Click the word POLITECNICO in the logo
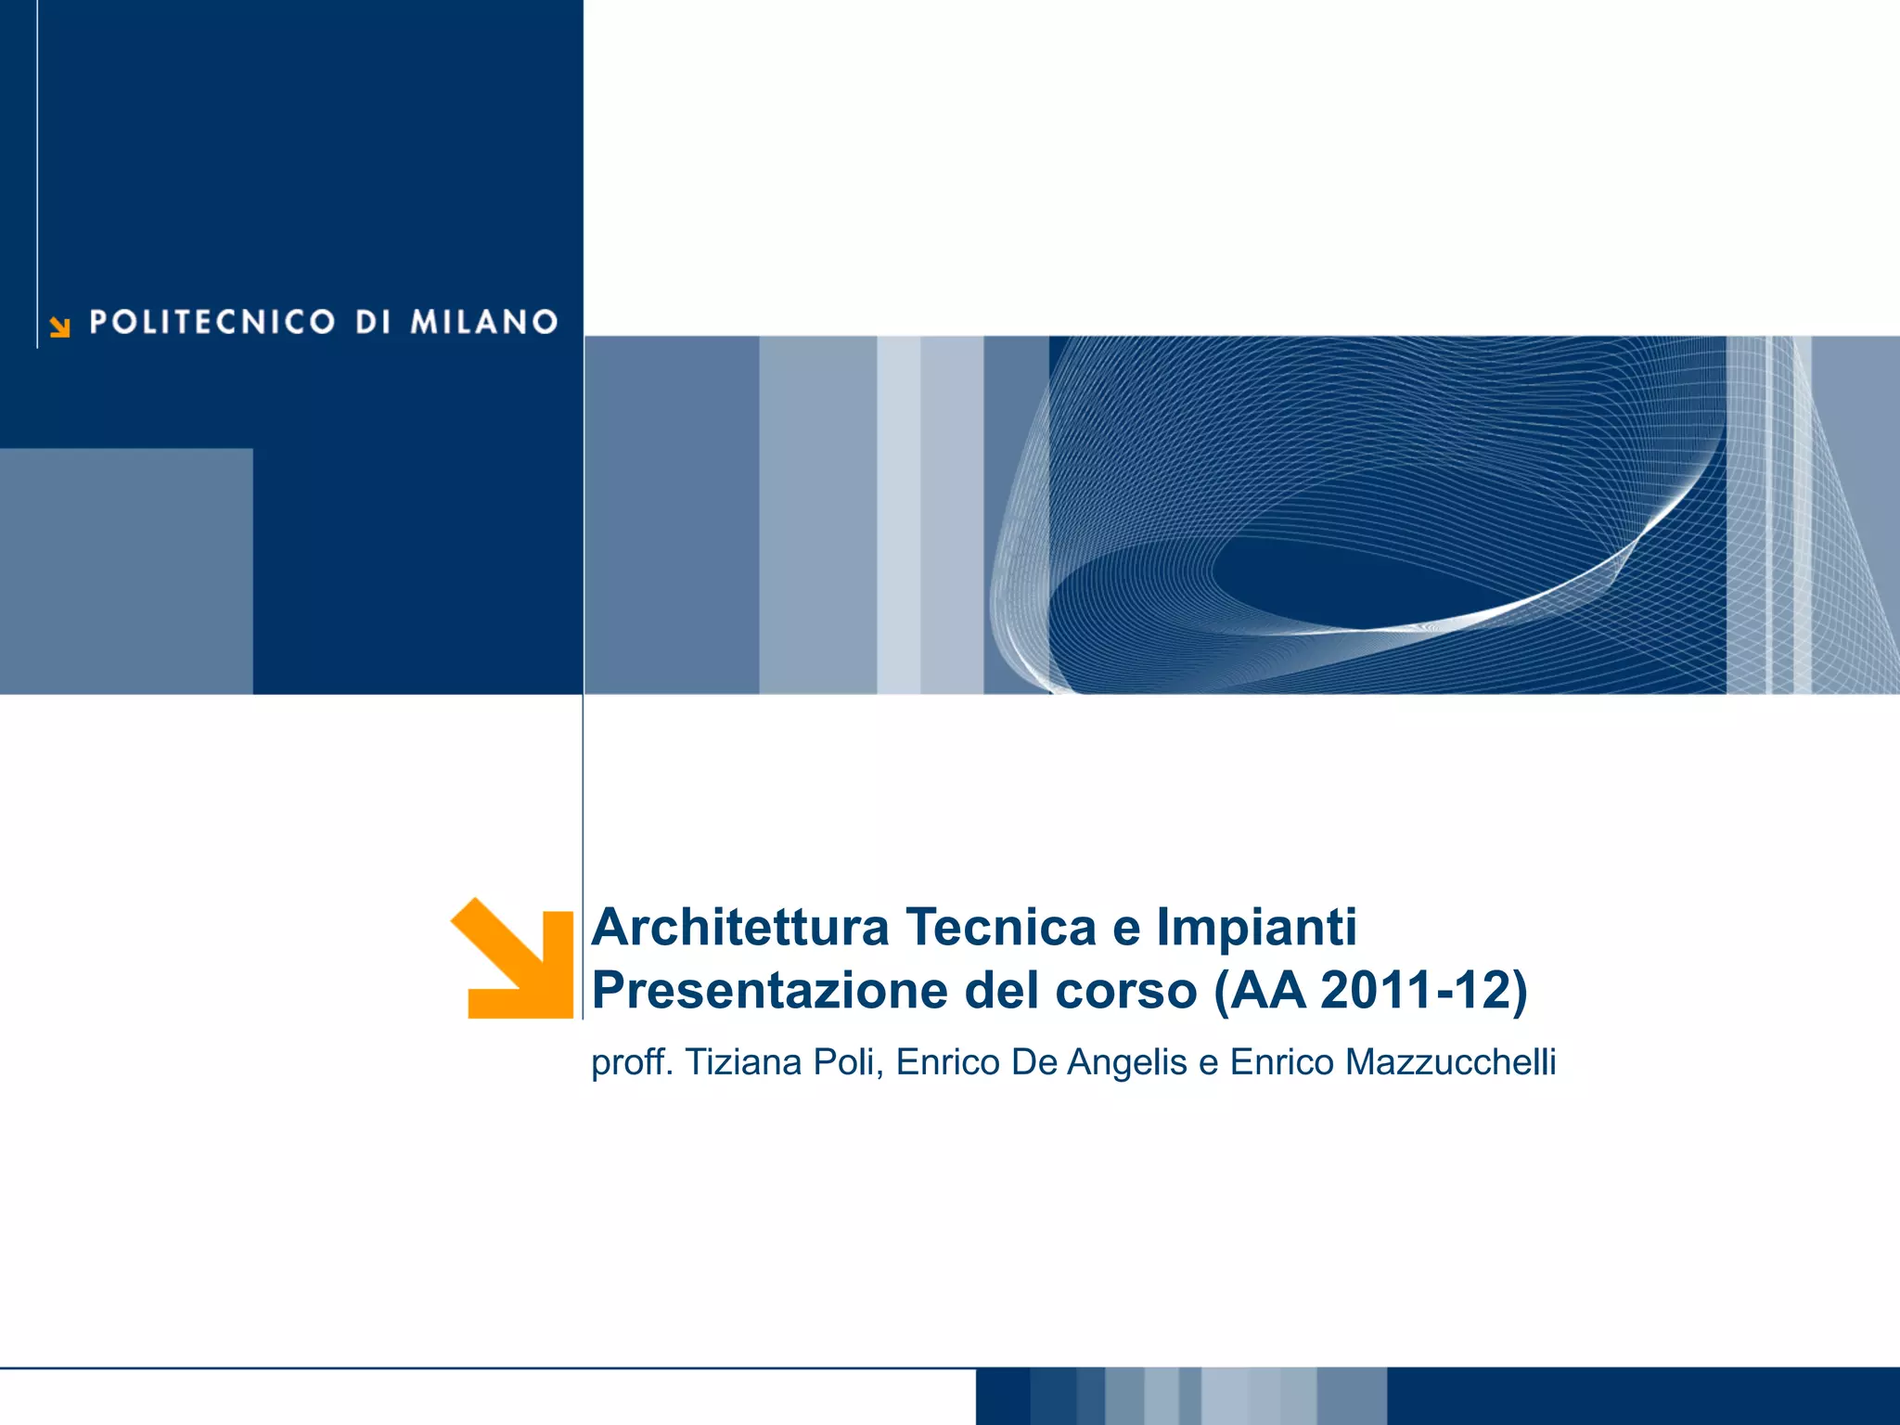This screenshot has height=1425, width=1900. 212,322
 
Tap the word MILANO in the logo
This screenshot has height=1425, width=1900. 483,322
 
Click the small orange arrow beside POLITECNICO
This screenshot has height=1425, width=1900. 60,327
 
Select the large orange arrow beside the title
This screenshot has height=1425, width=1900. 516,959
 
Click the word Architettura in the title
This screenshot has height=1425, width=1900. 740,927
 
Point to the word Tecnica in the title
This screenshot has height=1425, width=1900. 1001,927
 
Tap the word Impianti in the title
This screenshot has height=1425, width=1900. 1256,927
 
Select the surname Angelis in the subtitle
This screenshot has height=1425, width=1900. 1127,1062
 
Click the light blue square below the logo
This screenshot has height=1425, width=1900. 126,571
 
